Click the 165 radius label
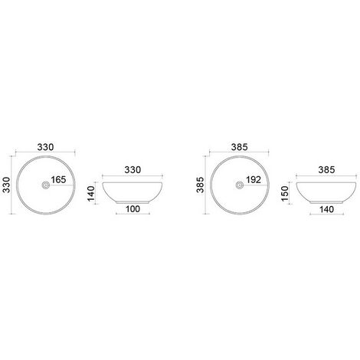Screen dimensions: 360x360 click(58, 180)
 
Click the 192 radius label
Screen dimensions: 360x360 click(254, 180)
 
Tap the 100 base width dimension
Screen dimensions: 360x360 click(133, 209)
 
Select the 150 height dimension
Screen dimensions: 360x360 click(284, 193)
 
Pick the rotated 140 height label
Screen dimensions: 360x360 click(91, 193)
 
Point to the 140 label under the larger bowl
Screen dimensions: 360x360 click(326, 209)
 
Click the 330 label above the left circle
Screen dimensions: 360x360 click(45, 147)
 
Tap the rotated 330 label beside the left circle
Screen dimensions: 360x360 click(6, 185)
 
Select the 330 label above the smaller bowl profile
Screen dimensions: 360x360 click(133, 170)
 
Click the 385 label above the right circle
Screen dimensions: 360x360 click(240, 147)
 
